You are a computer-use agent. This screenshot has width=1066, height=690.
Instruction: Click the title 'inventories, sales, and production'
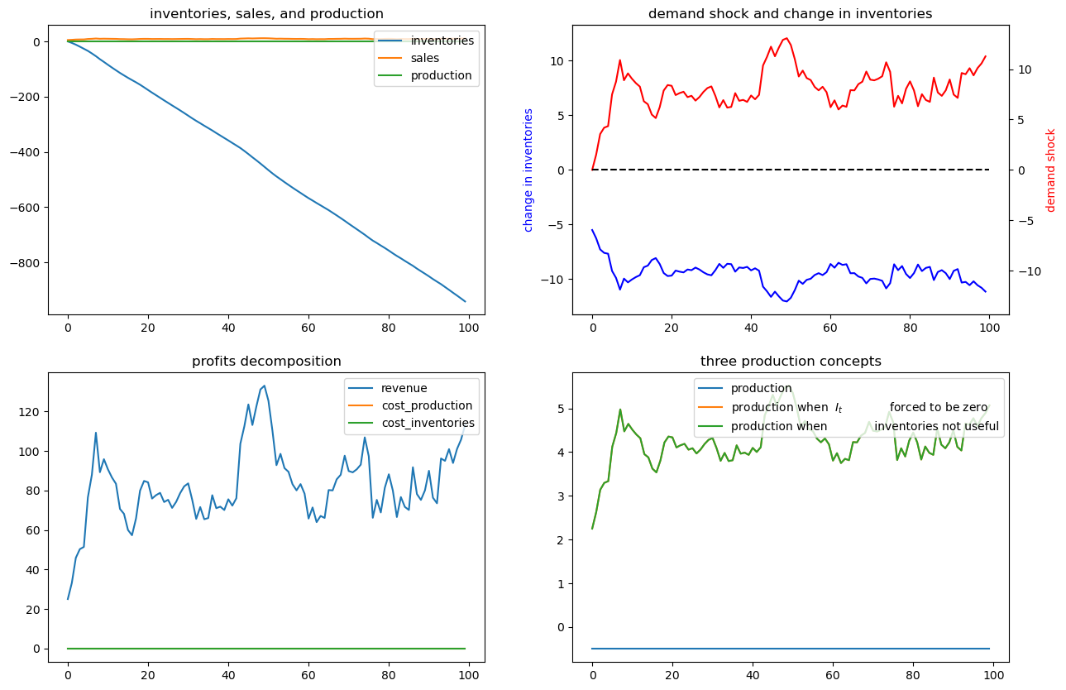(x=266, y=14)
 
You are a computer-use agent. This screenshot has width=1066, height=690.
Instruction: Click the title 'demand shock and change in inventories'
(x=790, y=14)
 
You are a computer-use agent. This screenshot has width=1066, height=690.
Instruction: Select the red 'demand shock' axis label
(x=1051, y=170)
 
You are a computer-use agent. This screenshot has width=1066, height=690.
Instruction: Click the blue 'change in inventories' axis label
(x=528, y=170)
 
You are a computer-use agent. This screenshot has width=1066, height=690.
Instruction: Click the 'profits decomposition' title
(x=266, y=362)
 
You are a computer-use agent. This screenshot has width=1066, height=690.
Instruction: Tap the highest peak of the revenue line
(x=264, y=386)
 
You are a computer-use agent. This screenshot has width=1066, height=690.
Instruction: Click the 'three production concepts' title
(x=790, y=362)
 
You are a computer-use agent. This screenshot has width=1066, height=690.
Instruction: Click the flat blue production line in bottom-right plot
(x=790, y=649)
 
